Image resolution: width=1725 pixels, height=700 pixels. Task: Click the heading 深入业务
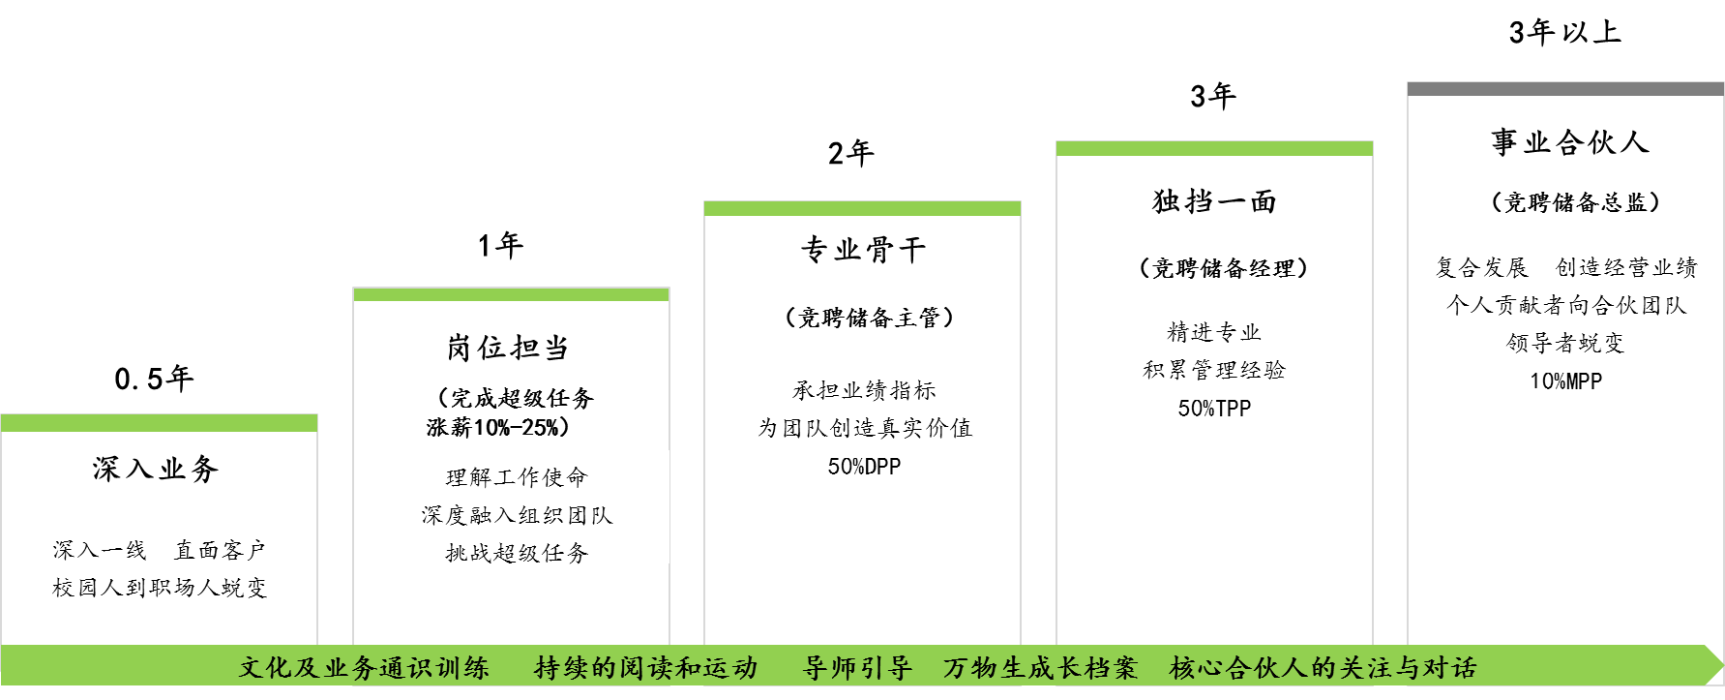[x=156, y=469]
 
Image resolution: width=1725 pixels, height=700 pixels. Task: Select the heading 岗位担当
[x=508, y=347]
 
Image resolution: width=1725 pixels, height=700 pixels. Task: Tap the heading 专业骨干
[x=863, y=250]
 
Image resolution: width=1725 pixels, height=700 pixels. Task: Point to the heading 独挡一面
[x=1214, y=200]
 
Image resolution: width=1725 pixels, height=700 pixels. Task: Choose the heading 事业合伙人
[x=1569, y=142]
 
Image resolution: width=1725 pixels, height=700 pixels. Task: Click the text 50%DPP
[x=864, y=466]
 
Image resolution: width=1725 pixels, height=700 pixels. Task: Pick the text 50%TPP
[x=1214, y=408]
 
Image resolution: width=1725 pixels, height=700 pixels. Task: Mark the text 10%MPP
[x=1565, y=380]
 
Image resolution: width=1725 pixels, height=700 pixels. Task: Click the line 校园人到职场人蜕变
[x=160, y=587]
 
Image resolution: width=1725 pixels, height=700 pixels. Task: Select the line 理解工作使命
[x=517, y=477]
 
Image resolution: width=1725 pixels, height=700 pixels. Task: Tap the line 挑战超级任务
[x=517, y=552]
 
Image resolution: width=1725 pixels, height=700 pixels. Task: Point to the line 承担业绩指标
[x=864, y=390]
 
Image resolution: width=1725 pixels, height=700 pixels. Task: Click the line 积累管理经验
[x=1214, y=370]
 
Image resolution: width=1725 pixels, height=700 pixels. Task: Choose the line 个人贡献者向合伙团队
[x=1566, y=305]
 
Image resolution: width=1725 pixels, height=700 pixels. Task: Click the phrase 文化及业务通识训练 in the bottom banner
[x=364, y=668]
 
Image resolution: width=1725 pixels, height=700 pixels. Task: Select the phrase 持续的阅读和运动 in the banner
[x=646, y=668]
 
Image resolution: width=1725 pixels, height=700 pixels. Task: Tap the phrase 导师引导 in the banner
[x=857, y=668]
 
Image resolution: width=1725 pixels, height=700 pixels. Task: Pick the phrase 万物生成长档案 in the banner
[x=1040, y=668]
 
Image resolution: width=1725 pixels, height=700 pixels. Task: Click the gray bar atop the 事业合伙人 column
[x=1564, y=89]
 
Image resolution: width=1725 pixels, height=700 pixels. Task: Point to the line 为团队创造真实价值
[x=864, y=428]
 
